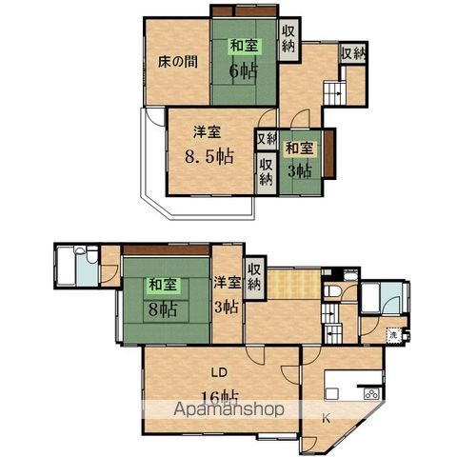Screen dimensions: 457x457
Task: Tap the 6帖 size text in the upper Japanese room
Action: click(x=244, y=70)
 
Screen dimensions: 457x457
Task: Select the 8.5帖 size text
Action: click(x=209, y=156)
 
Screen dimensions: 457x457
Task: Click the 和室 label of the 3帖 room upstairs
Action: click(x=300, y=148)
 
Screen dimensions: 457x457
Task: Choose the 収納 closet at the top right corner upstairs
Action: click(x=352, y=54)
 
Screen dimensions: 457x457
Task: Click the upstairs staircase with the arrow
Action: click(x=334, y=93)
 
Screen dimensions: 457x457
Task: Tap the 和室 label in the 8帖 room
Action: click(x=160, y=284)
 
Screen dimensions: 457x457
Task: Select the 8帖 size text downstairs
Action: click(x=162, y=308)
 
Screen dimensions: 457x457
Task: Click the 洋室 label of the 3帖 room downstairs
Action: click(x=227, y=283)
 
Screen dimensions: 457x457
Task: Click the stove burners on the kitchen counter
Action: click(x=369, y=392)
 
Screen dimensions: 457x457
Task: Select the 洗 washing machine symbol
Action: click(x=393, y=336)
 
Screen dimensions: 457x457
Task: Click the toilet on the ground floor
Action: click(x=335, y=291)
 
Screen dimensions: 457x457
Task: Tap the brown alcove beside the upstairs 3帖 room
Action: click(x=329, y=153)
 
